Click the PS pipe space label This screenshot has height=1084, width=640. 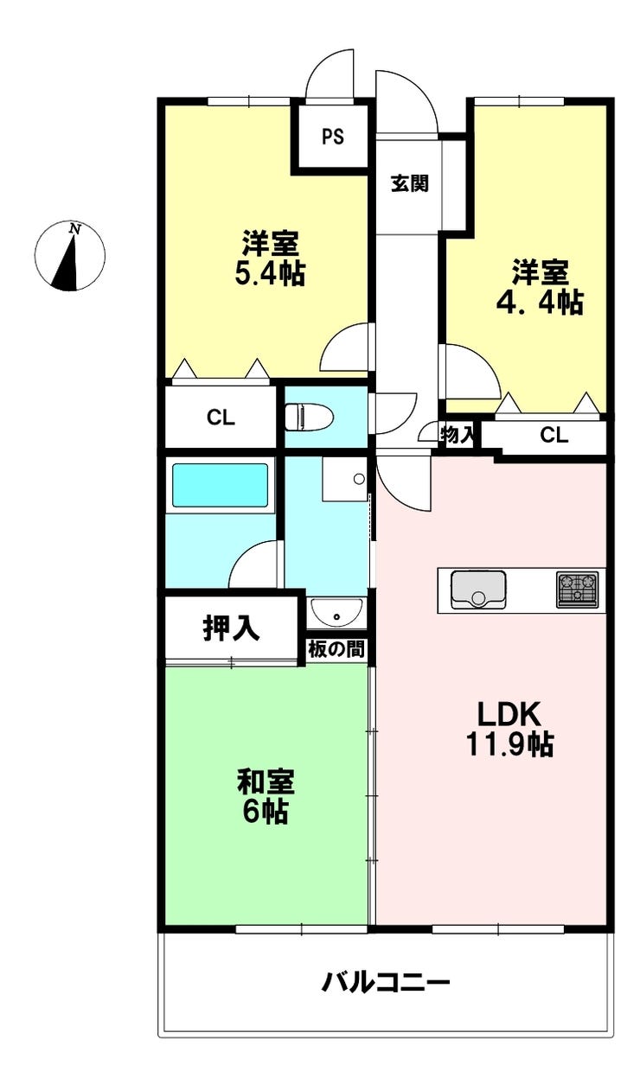coord(333,137)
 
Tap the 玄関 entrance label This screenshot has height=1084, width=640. coord(410,183)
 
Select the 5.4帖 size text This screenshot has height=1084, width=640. coord(270,274)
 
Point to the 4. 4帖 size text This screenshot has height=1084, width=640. coord(540,303)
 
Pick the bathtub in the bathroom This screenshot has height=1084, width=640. coord(221,485)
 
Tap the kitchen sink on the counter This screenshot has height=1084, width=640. coord(477,590)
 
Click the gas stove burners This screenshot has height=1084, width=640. coord(577,590)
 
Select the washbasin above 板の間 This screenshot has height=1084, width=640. coord(336,612)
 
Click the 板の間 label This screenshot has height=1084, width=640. coord(336,649)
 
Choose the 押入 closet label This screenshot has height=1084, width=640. coord(231,628)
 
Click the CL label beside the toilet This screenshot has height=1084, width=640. coord(221,418)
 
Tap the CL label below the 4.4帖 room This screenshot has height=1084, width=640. coord(554,436)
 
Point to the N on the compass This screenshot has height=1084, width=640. coord(74,229)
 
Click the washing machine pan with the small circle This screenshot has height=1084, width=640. coord(344,479)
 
